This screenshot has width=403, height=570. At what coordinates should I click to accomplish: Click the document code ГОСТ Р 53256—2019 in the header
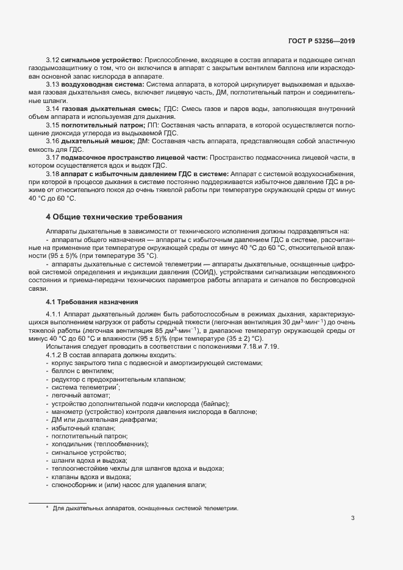[x=321, y=41]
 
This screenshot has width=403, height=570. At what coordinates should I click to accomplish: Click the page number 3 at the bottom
[x=352, y=519]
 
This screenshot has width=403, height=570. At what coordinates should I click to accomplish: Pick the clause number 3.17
[x=53, y=157]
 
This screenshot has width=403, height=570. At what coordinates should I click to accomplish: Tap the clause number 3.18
[x=53, y=174]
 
